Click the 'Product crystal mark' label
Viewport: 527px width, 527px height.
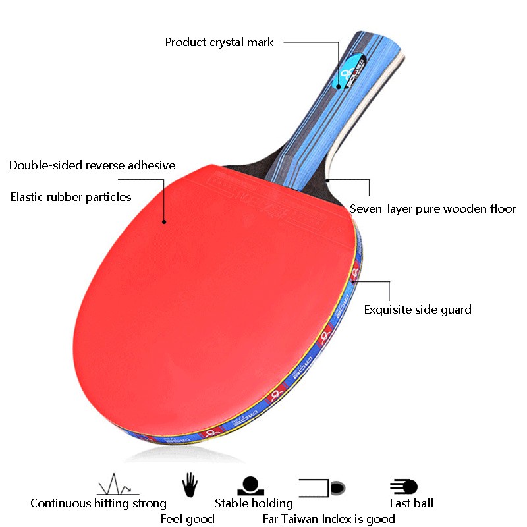219,42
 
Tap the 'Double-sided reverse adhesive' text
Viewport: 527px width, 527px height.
92,165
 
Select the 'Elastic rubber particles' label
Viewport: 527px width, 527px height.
70,196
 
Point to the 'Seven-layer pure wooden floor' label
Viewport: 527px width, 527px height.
433,209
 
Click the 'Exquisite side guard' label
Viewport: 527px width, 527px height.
418,309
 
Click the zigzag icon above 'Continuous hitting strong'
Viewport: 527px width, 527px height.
117,486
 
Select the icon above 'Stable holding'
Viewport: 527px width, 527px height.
251,486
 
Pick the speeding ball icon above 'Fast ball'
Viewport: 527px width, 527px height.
403,487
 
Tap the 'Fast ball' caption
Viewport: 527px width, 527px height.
411,503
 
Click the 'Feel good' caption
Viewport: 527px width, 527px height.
188,519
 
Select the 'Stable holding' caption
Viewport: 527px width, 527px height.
254,503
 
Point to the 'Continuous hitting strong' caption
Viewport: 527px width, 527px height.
98,503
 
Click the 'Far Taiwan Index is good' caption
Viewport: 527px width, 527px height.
329,519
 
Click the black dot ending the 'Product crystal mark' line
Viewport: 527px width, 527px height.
338,86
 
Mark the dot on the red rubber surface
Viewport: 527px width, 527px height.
163,221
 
